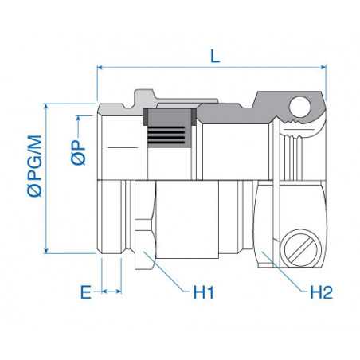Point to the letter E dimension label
[x=84, y=292]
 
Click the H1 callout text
[x=205, y=292]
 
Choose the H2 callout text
[x=320, y=292]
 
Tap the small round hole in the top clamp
[x=300, y=105]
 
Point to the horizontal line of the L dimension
[x=159, y=68]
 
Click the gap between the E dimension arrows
[x=110, y=292]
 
